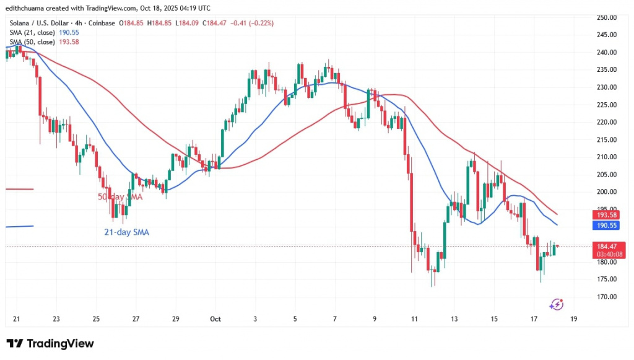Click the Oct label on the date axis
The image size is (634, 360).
[215, 319]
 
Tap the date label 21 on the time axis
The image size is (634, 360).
[16, 319]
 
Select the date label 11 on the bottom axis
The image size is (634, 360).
[413, 319]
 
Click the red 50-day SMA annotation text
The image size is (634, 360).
[120, 197]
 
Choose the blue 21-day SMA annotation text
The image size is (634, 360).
[126, 232]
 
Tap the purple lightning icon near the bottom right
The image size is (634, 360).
[557, 304]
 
